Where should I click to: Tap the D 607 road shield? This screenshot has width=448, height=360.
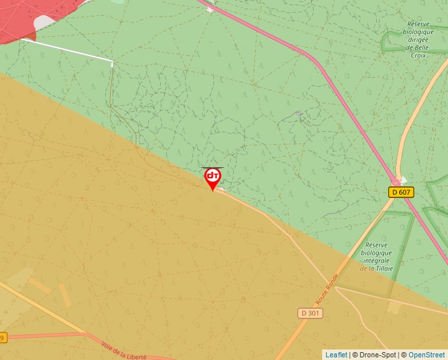click(401, 192)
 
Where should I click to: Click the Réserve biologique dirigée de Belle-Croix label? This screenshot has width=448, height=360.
click(419, 39)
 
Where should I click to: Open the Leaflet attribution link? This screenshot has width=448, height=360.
click(336, 355)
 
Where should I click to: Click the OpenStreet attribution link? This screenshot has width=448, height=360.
click(426, 355)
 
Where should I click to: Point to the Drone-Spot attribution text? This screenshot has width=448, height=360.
click(375, 355)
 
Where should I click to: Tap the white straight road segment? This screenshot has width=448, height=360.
click(66, 49)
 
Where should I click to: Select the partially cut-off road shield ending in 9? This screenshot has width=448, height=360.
click(2, 338)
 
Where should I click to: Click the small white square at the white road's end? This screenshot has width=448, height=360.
click(112, 64)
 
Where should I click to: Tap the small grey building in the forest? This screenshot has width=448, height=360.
click(299, 113)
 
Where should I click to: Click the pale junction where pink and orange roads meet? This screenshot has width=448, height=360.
click(397, 180)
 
